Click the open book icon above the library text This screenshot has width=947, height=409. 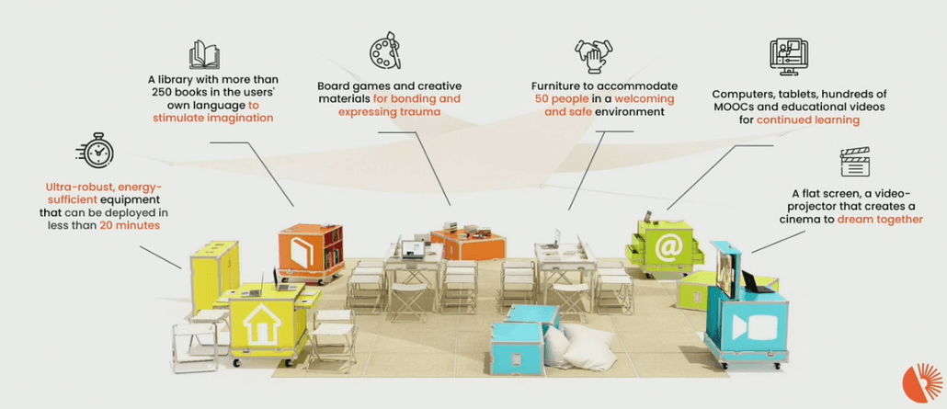click(x=204, y=55)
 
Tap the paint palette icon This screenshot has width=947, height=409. click(x=385, y=51)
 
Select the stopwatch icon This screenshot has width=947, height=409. click(x=96, y=151)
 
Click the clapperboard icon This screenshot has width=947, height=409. click(x=854, y=162)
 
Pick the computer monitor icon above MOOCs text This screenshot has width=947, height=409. click(x=785, y=57)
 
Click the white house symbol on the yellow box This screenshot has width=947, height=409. click(x=262, y=324)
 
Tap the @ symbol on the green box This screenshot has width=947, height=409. click(x=667, y=247)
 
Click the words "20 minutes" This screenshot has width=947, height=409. click(x=131, y=226)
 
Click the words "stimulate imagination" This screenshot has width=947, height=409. click(x=213, y=118)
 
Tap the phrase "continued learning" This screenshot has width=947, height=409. click(x=807, y=120)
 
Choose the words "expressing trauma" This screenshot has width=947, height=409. click(x=389, y=112)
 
